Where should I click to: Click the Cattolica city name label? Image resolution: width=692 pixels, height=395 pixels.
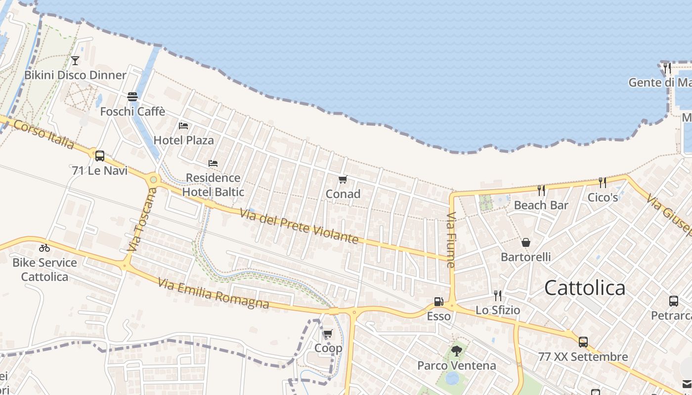tap(585, 288)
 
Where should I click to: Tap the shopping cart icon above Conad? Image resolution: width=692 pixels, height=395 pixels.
tap(343, 179)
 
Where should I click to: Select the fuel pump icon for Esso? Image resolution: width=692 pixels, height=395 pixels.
tap(438, 302)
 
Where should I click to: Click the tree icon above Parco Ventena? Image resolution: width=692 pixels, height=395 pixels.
tap(457, 351)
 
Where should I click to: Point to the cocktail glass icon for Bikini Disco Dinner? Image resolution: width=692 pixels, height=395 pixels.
tap(75, 61)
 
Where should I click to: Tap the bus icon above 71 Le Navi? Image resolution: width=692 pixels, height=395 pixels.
tap(100, 156)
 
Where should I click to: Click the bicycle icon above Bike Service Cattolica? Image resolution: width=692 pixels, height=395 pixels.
tap(44, 248)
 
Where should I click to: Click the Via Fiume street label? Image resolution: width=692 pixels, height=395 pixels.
tap(451, 240)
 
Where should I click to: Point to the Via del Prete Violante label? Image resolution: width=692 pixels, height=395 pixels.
tap(299, 227)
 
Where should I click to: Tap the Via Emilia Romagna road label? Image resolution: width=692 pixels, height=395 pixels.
tap(214, 294)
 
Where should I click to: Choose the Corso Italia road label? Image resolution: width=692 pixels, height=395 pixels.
tap(43, 134)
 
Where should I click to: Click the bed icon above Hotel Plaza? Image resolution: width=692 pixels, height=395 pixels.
tap(183, 126)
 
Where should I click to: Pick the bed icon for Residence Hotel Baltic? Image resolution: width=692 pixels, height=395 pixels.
tap(213, 163)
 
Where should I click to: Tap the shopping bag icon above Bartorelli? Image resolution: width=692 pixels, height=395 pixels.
tap(526, 242)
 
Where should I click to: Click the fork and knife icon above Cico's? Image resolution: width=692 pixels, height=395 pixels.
tap(602, 183)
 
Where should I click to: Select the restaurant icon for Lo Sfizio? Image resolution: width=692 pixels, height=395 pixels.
tap(498, 295)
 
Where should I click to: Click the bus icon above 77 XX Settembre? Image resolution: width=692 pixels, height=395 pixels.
tap(583, 342)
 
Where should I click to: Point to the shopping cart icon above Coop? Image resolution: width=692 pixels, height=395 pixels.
tap(328, 334)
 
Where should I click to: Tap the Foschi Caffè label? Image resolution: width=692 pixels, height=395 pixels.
tap(132, 112)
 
